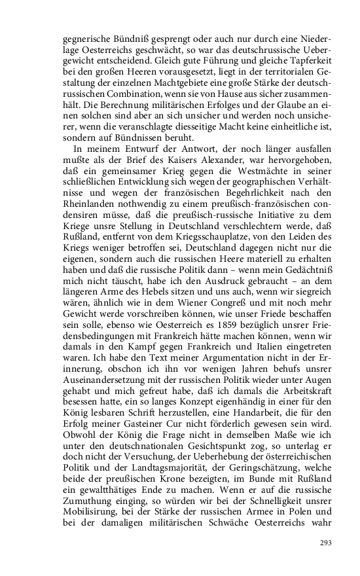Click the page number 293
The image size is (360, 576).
coord(325,543)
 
